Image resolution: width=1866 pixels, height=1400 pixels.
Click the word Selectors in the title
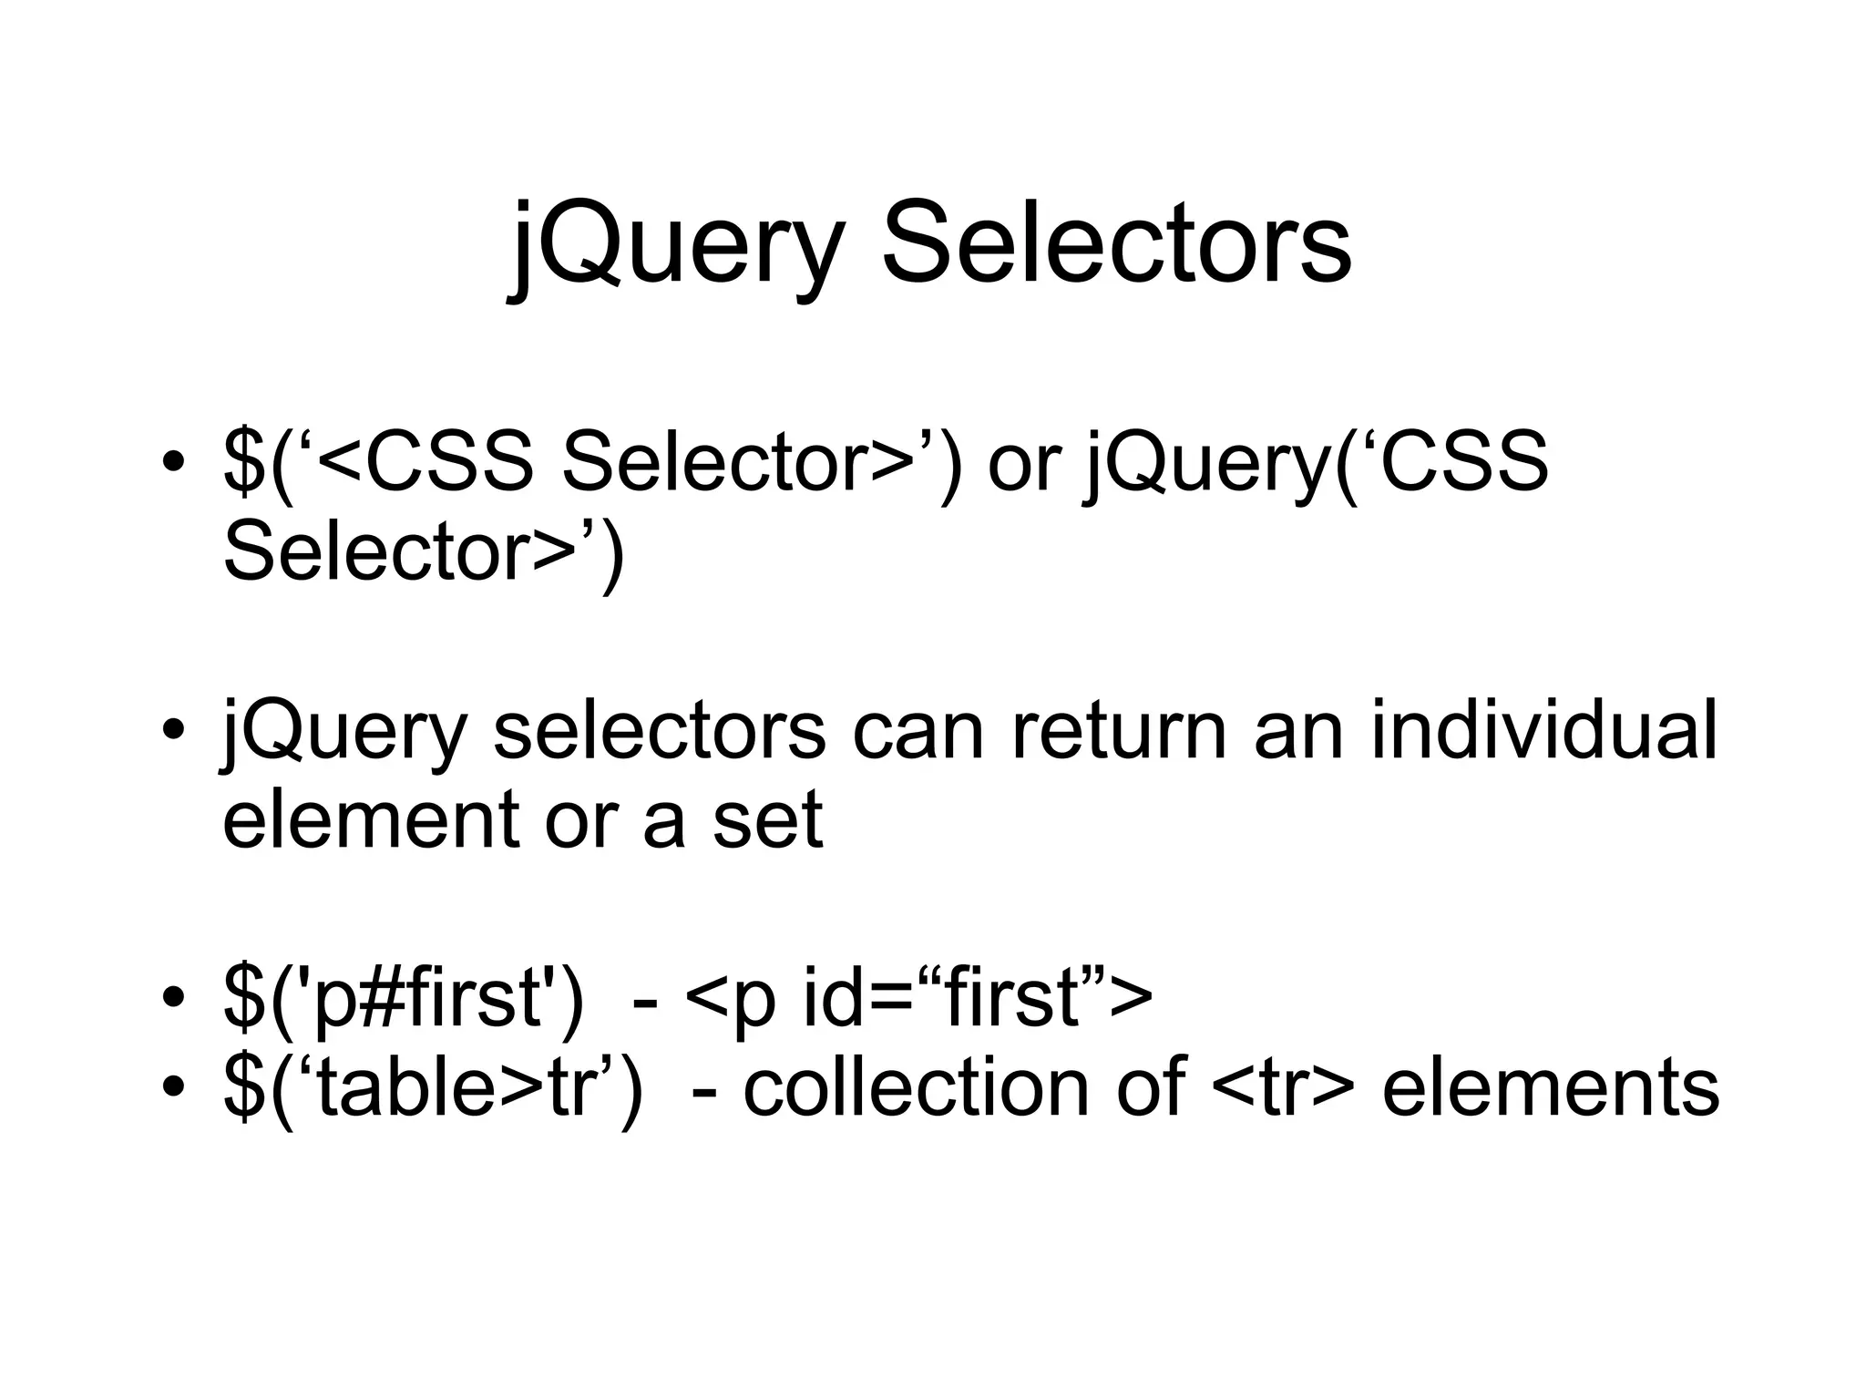(1115, 244)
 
